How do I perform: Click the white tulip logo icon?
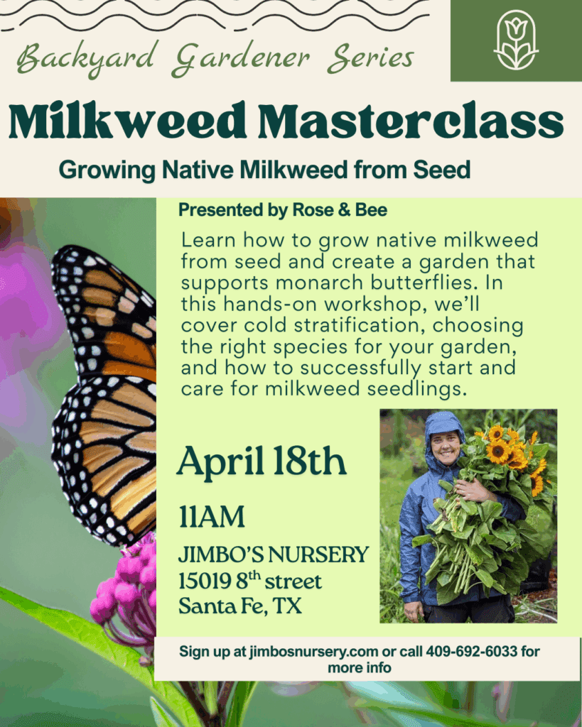(x=516, y=40)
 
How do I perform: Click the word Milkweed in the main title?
(x=127, y=121)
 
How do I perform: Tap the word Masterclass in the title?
(x=411, y=121)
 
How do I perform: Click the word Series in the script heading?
(x=370, y=58)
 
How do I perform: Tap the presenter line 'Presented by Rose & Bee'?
(x=283, y=210)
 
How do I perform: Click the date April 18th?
(x=262, y=461)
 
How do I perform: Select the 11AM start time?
(x=212, y=517)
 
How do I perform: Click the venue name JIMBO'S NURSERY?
(x=274, y=554)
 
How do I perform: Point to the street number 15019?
(x=205, y=581)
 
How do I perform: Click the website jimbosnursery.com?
(x=314, y=652)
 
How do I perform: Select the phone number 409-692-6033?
(x=472, y=652)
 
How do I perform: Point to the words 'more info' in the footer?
(x=360, y=667)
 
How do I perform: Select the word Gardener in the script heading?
(x=240, y=58)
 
